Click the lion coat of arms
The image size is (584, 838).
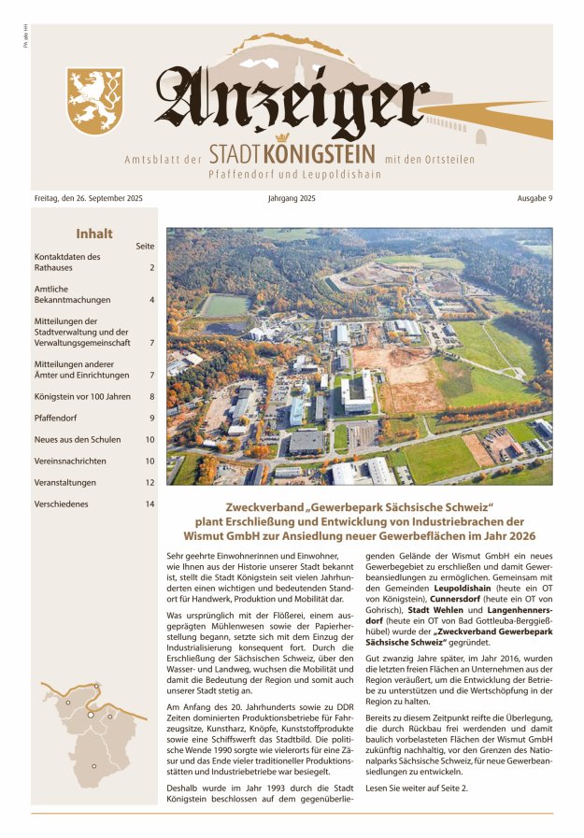95,100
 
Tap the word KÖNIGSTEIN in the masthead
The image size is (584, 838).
320,153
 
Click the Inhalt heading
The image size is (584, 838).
93,234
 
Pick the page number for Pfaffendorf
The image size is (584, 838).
151,418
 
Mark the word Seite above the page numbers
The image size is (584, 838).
145,246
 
